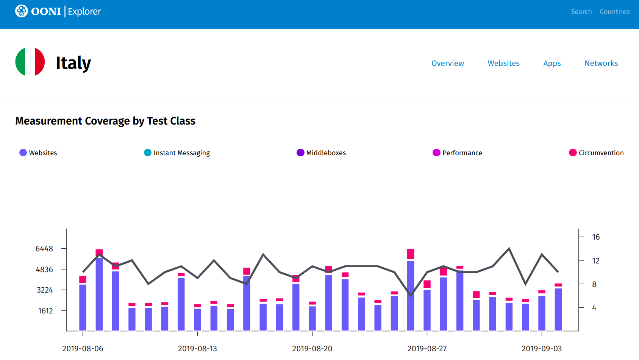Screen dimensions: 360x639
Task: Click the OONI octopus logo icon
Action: pyautogui.click(x=22, y=11)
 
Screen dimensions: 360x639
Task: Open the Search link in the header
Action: pyautogui.click(x=581, y=12)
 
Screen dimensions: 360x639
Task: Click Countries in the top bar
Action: pyautogui.click(x=614, y=12)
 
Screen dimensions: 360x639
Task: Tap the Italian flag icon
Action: pyautogui.click(x=30, y=62)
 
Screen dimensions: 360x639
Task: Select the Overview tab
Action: pyautogui.click(x=447, y=63)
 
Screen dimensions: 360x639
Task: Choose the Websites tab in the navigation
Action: pyautogui.click(x=503, y=63)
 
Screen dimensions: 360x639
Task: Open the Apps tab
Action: pyautogui.click(x=552, y=63)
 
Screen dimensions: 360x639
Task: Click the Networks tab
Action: pyautogui.click(x=601, y=63)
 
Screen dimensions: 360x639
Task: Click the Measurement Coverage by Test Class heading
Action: pyautogui.click(x=105, y=121)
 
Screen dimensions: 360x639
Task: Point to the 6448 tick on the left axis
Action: pyautogui.click(x=44, y=249)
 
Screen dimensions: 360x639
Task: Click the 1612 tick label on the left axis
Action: pyautogui.click(x=45, y=311)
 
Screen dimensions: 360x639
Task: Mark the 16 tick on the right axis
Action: pyautogui.click(x=596, y=237)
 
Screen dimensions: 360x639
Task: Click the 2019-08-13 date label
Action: pyautogui.click(x=197, y=349)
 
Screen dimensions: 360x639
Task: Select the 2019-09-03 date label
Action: pyautogui.click(x=542, y=349)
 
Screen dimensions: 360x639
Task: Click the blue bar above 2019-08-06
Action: pyautogui.click(x=83, y=307)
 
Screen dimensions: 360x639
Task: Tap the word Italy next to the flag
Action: pyautogui.click(x=73, y=63)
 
